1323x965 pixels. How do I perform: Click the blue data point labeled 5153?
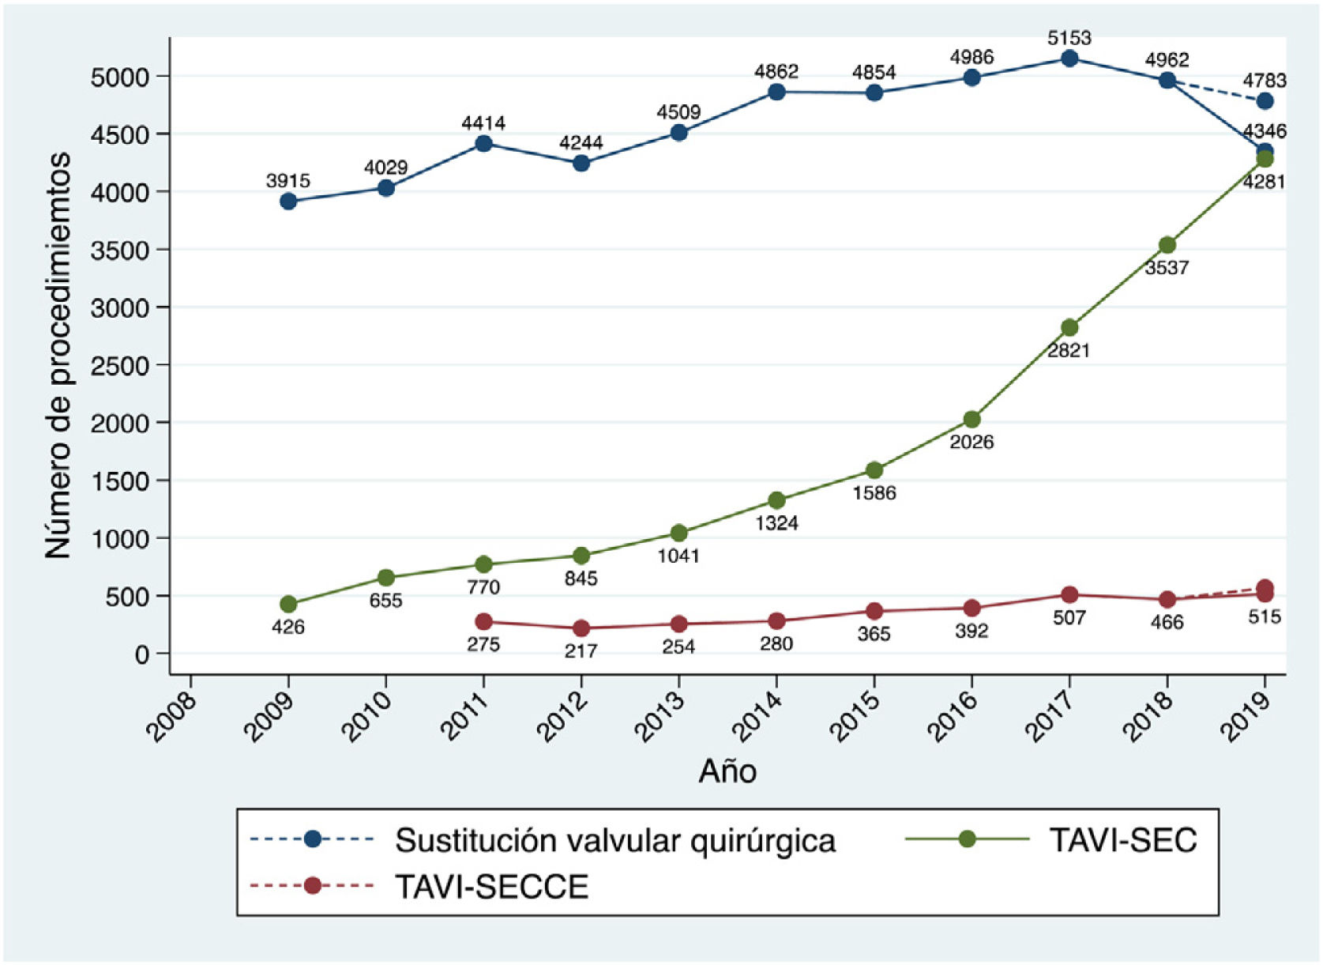(1069, 58)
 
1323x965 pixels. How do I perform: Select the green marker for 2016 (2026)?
(972, 420)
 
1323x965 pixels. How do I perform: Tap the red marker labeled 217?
(581, 628)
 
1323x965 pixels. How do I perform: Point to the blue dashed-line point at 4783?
(1265, 101)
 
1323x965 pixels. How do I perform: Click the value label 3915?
(288, 181)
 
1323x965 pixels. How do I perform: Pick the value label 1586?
(874, 493)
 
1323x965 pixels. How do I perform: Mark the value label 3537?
(1167, 268)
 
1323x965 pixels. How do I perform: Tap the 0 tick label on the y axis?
(141, 654)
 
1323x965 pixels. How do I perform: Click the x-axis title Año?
(727, 771)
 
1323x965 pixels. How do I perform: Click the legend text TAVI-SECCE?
(491, 887)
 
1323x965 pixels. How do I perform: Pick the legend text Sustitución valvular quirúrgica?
(615, 840)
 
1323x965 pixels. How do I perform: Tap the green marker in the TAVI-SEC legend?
(967, 839)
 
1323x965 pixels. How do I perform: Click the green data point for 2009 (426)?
(288, 605)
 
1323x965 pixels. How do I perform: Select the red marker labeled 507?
(1069, 595)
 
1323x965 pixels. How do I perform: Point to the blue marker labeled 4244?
(581, 164)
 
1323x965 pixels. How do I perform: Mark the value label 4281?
(1264, 182)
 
